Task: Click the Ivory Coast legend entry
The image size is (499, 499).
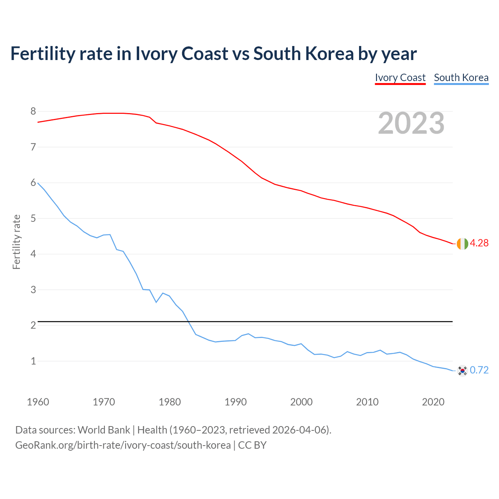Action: (x=400, y=78)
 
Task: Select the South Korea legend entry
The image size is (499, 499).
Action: (x=461, y=78)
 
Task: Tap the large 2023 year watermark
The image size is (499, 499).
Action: (x=411, y=123)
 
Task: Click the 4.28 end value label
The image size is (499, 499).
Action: (x=479, y=243)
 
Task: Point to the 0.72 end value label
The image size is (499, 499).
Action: (x=479, y=370)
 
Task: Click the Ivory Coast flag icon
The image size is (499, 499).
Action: (x=462, y=244)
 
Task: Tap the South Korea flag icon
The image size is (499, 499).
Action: (x=462, y=370)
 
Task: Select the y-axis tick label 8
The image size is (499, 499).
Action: (x=33, y=111)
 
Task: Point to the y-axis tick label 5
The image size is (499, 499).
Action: (x=33, y=218)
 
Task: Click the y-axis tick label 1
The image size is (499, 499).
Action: (x=33, y=361)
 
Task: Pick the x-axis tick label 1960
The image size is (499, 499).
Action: (x=38, y=402)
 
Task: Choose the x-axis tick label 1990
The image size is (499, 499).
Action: (x=235, y=402)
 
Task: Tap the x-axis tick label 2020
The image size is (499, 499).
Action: (x=433, y=402)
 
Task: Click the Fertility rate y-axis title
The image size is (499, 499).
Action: (x=16, y=242)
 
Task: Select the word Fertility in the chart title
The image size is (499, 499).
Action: (x=42, y=53)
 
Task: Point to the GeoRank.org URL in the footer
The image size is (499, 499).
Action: (x=123, y=445)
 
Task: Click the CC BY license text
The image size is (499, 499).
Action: (x=252, y=445)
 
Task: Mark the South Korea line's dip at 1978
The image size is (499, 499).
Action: (x=156, y=302)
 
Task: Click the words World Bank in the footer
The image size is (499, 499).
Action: (x=104, y=430)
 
